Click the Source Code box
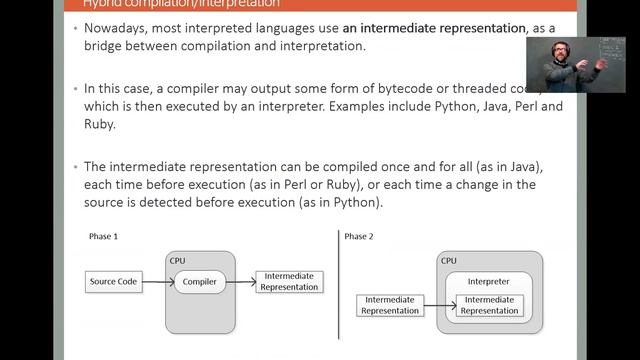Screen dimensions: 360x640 click(113, 282)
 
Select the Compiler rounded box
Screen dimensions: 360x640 click(200, 282)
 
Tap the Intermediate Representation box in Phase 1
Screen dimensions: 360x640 click(288, 281)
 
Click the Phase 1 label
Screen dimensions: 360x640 click(103, 237)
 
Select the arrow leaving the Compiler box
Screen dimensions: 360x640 click(239, 282)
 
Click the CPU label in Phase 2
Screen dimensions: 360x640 click(449, 260)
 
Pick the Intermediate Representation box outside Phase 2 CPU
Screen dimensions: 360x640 click(390, 305)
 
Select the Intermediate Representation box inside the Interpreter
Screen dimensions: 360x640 click(490, 305)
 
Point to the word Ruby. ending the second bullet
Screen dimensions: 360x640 click(103, 126)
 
